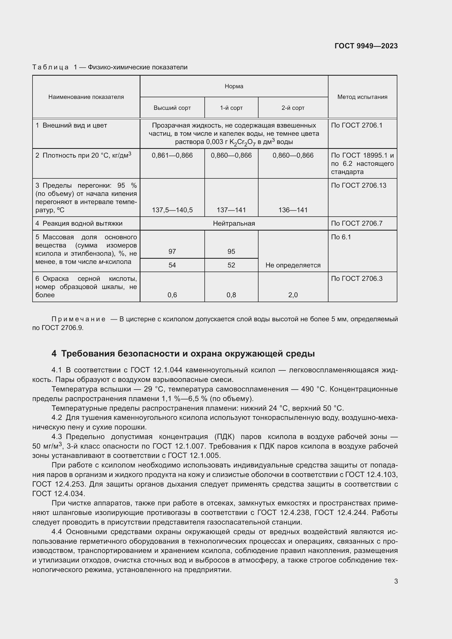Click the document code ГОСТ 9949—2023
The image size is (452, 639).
pos(366,46)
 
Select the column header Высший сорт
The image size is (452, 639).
pos(172,108)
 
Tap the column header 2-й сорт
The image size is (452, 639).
pos(293,108)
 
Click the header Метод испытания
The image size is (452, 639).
pos(362,97)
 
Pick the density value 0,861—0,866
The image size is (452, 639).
pos(172,155)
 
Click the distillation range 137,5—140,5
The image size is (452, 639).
pos(172,210)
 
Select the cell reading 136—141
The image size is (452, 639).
pos(293,210)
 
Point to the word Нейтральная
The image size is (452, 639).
pos(234,223)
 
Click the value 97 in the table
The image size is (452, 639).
pos(172,252)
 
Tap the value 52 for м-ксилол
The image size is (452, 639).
pos(231,265)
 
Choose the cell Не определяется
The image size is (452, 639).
pos(293,265)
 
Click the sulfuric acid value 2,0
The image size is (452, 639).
pos(293,295)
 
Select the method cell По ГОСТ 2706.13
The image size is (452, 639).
pos(359,185)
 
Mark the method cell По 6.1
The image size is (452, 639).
pos(341,237)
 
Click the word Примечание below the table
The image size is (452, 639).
pos(78,319)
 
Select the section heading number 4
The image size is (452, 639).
pos(54,354)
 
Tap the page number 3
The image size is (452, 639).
pos(396,581)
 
